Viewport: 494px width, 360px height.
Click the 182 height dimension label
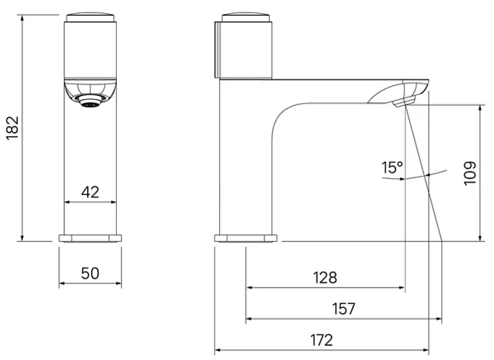point(13,128)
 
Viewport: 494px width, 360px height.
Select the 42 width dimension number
point(90,192)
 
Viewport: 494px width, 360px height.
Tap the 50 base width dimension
point(90,273)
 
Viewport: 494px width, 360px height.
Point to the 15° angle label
point(392,167)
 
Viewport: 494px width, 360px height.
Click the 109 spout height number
point(470,174)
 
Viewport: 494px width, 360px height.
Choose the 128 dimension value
point(325,277)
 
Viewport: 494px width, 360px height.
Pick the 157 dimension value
point(343,308)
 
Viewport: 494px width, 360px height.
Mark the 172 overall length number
point(322,340)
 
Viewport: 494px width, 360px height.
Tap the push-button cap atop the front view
point(90,17)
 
